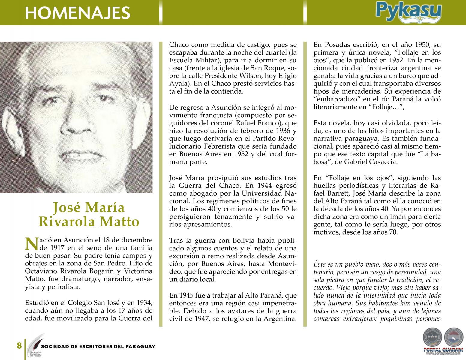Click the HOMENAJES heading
point(77,13)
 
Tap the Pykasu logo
point(408,12)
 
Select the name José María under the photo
point(89,208)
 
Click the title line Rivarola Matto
point(89,222)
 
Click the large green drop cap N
point(32,244)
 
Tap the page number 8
point(19,346)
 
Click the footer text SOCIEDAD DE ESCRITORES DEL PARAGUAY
point(98,346)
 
